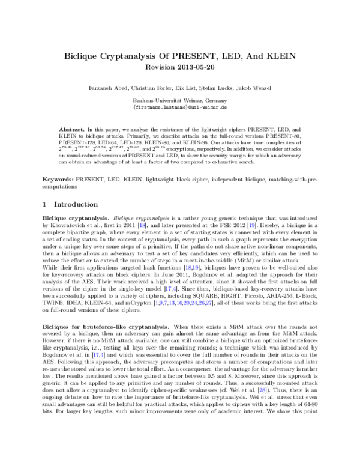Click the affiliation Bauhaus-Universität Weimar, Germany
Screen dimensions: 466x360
[179, 101]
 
